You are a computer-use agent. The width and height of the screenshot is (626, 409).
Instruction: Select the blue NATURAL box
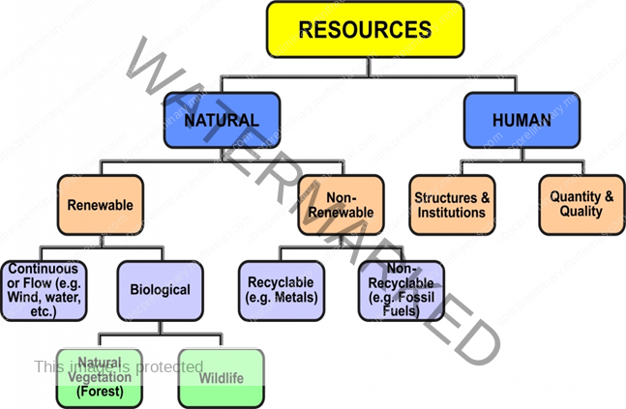(222, 120)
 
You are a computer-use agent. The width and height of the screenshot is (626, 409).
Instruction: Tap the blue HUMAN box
(522, 120)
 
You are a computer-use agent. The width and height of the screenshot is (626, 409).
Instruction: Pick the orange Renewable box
(100, 205)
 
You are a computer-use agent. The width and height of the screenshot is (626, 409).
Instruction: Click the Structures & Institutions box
(451, 205)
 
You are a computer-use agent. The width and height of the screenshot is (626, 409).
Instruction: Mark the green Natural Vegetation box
(100, 376)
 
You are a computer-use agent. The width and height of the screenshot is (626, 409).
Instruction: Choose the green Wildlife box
(221, 377)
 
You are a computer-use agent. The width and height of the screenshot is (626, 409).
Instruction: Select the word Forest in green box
(100, 391)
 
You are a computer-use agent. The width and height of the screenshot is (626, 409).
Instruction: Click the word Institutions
(451, 213)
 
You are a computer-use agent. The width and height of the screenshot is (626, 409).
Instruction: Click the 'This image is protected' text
(118, 366)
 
